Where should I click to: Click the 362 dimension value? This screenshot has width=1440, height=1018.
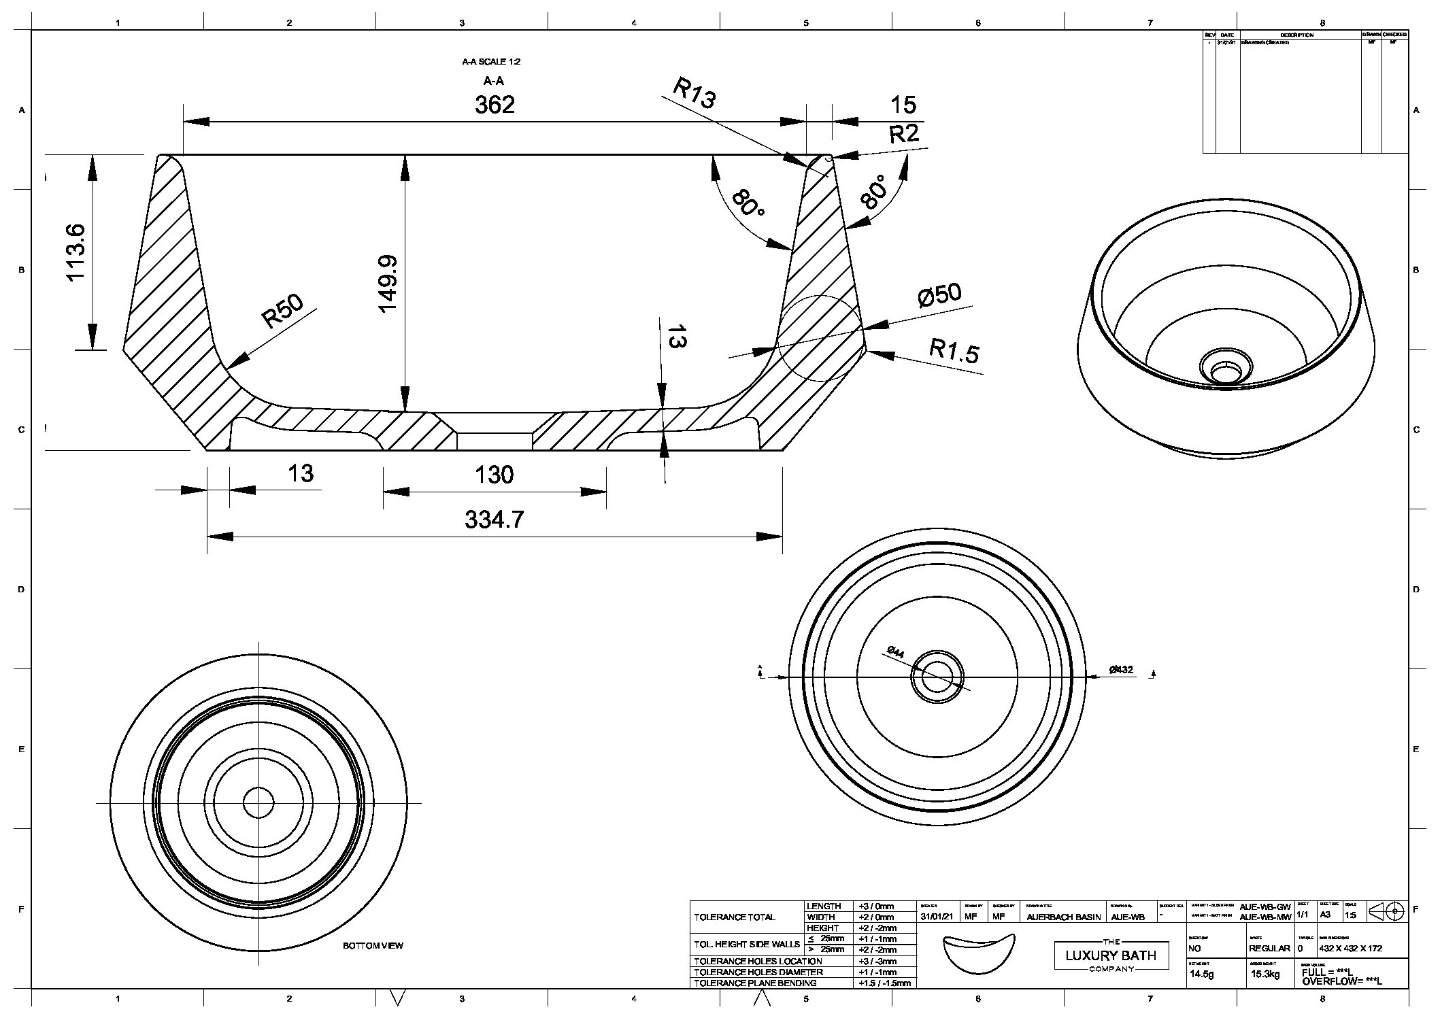[495, 105]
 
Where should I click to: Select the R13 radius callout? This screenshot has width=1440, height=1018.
[694, 93]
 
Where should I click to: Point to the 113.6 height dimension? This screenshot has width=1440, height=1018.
[75, 252]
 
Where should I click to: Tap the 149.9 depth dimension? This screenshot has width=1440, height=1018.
[388, 284]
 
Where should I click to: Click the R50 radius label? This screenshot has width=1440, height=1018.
[283, 311]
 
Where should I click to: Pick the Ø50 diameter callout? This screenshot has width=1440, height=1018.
[939, 295]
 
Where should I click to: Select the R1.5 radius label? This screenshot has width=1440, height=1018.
[954, 351]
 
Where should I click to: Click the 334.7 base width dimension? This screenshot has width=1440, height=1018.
[495, 520]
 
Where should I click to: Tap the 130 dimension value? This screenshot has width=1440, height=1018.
[494, 475]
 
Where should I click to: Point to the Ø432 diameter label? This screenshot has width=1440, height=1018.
[1121, 670]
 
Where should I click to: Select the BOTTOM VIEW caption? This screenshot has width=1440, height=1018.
[373, 946]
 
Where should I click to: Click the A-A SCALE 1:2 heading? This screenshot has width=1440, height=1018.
[491, 62]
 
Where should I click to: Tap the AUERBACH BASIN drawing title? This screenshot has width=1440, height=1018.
[1063, 917]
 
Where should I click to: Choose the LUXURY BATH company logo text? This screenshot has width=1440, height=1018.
[1111, 955]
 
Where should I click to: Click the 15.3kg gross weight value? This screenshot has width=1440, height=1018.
[1265, 974]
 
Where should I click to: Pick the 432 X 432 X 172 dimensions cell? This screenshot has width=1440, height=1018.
[1350, 948]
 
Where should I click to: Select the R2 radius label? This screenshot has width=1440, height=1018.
[903, 134]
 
